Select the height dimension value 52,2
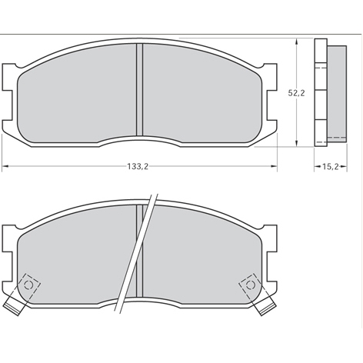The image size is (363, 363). [x=298, y=93]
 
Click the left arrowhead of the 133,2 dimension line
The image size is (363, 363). [x=5, y=166]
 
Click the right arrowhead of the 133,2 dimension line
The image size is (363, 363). [x=275, y=166]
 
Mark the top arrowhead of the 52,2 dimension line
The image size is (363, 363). [x=298, y=38]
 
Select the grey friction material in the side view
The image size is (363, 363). [x=336, y=92]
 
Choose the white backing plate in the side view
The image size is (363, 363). [x=321, y=92]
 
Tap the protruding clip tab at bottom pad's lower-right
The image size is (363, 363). [x=268, y=306]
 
